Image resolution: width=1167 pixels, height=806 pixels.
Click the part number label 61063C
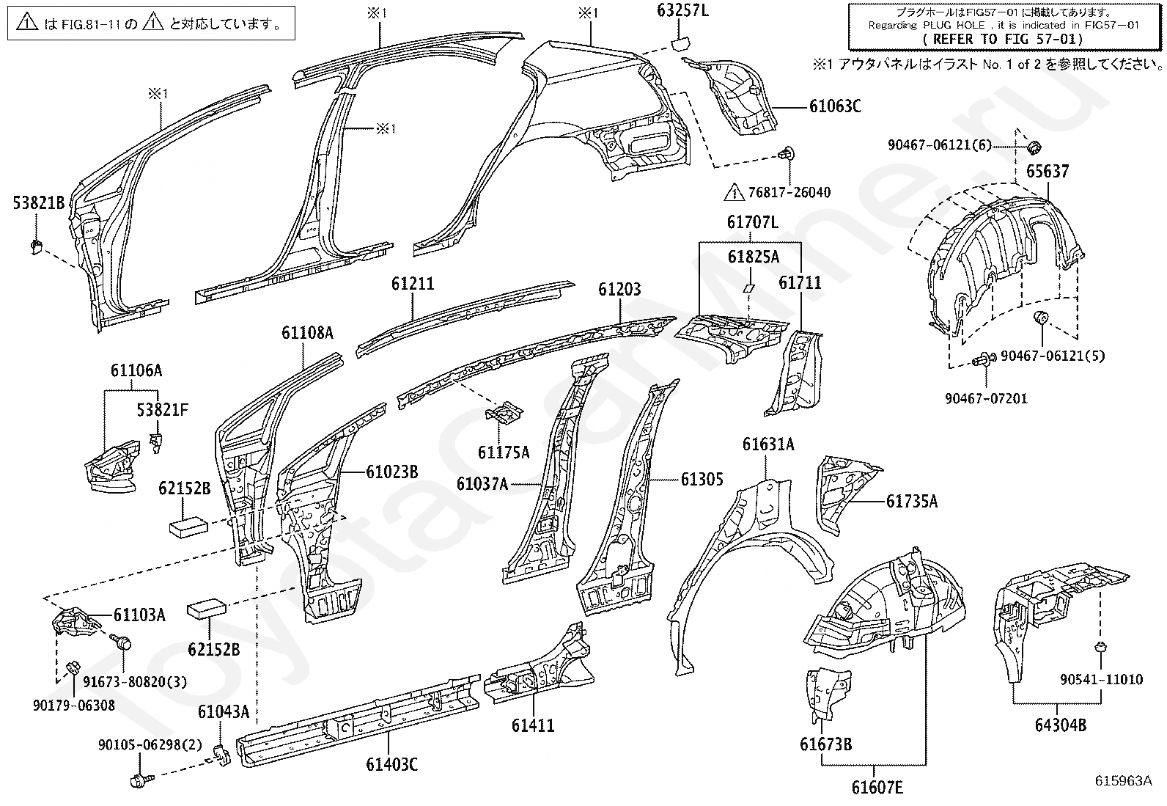click(x=835, y=106)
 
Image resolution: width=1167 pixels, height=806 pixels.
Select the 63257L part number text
click(x=682, y=10)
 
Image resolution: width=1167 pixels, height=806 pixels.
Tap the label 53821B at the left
click(x=39, y=202)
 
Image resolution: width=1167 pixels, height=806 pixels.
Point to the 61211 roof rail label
click(x=413, y=284)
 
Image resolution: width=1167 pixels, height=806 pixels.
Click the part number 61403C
click(x=391, y=764)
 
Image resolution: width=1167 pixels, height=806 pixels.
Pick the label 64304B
click(x=1060, y=725)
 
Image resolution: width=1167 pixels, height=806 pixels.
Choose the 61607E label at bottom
click(x=877, y=787)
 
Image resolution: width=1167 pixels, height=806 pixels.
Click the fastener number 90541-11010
click(x=1101, y=679)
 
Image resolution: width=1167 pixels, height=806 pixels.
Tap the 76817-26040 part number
click(x=789, y=192)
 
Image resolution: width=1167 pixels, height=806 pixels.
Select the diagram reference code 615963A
click(x=1123, y=780)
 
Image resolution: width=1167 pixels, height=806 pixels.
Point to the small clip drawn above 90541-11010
click(x=1101, y=648)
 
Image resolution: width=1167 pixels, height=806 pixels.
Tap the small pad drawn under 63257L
click(x=680, y=42)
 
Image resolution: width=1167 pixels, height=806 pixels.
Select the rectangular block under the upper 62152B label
click(x=188, y=527)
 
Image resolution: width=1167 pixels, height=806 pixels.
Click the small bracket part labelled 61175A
click(x=504, y=412)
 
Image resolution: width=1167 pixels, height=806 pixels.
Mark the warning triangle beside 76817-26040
click(x=734, y=192)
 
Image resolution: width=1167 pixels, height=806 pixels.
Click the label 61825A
click(x=754, y=257)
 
